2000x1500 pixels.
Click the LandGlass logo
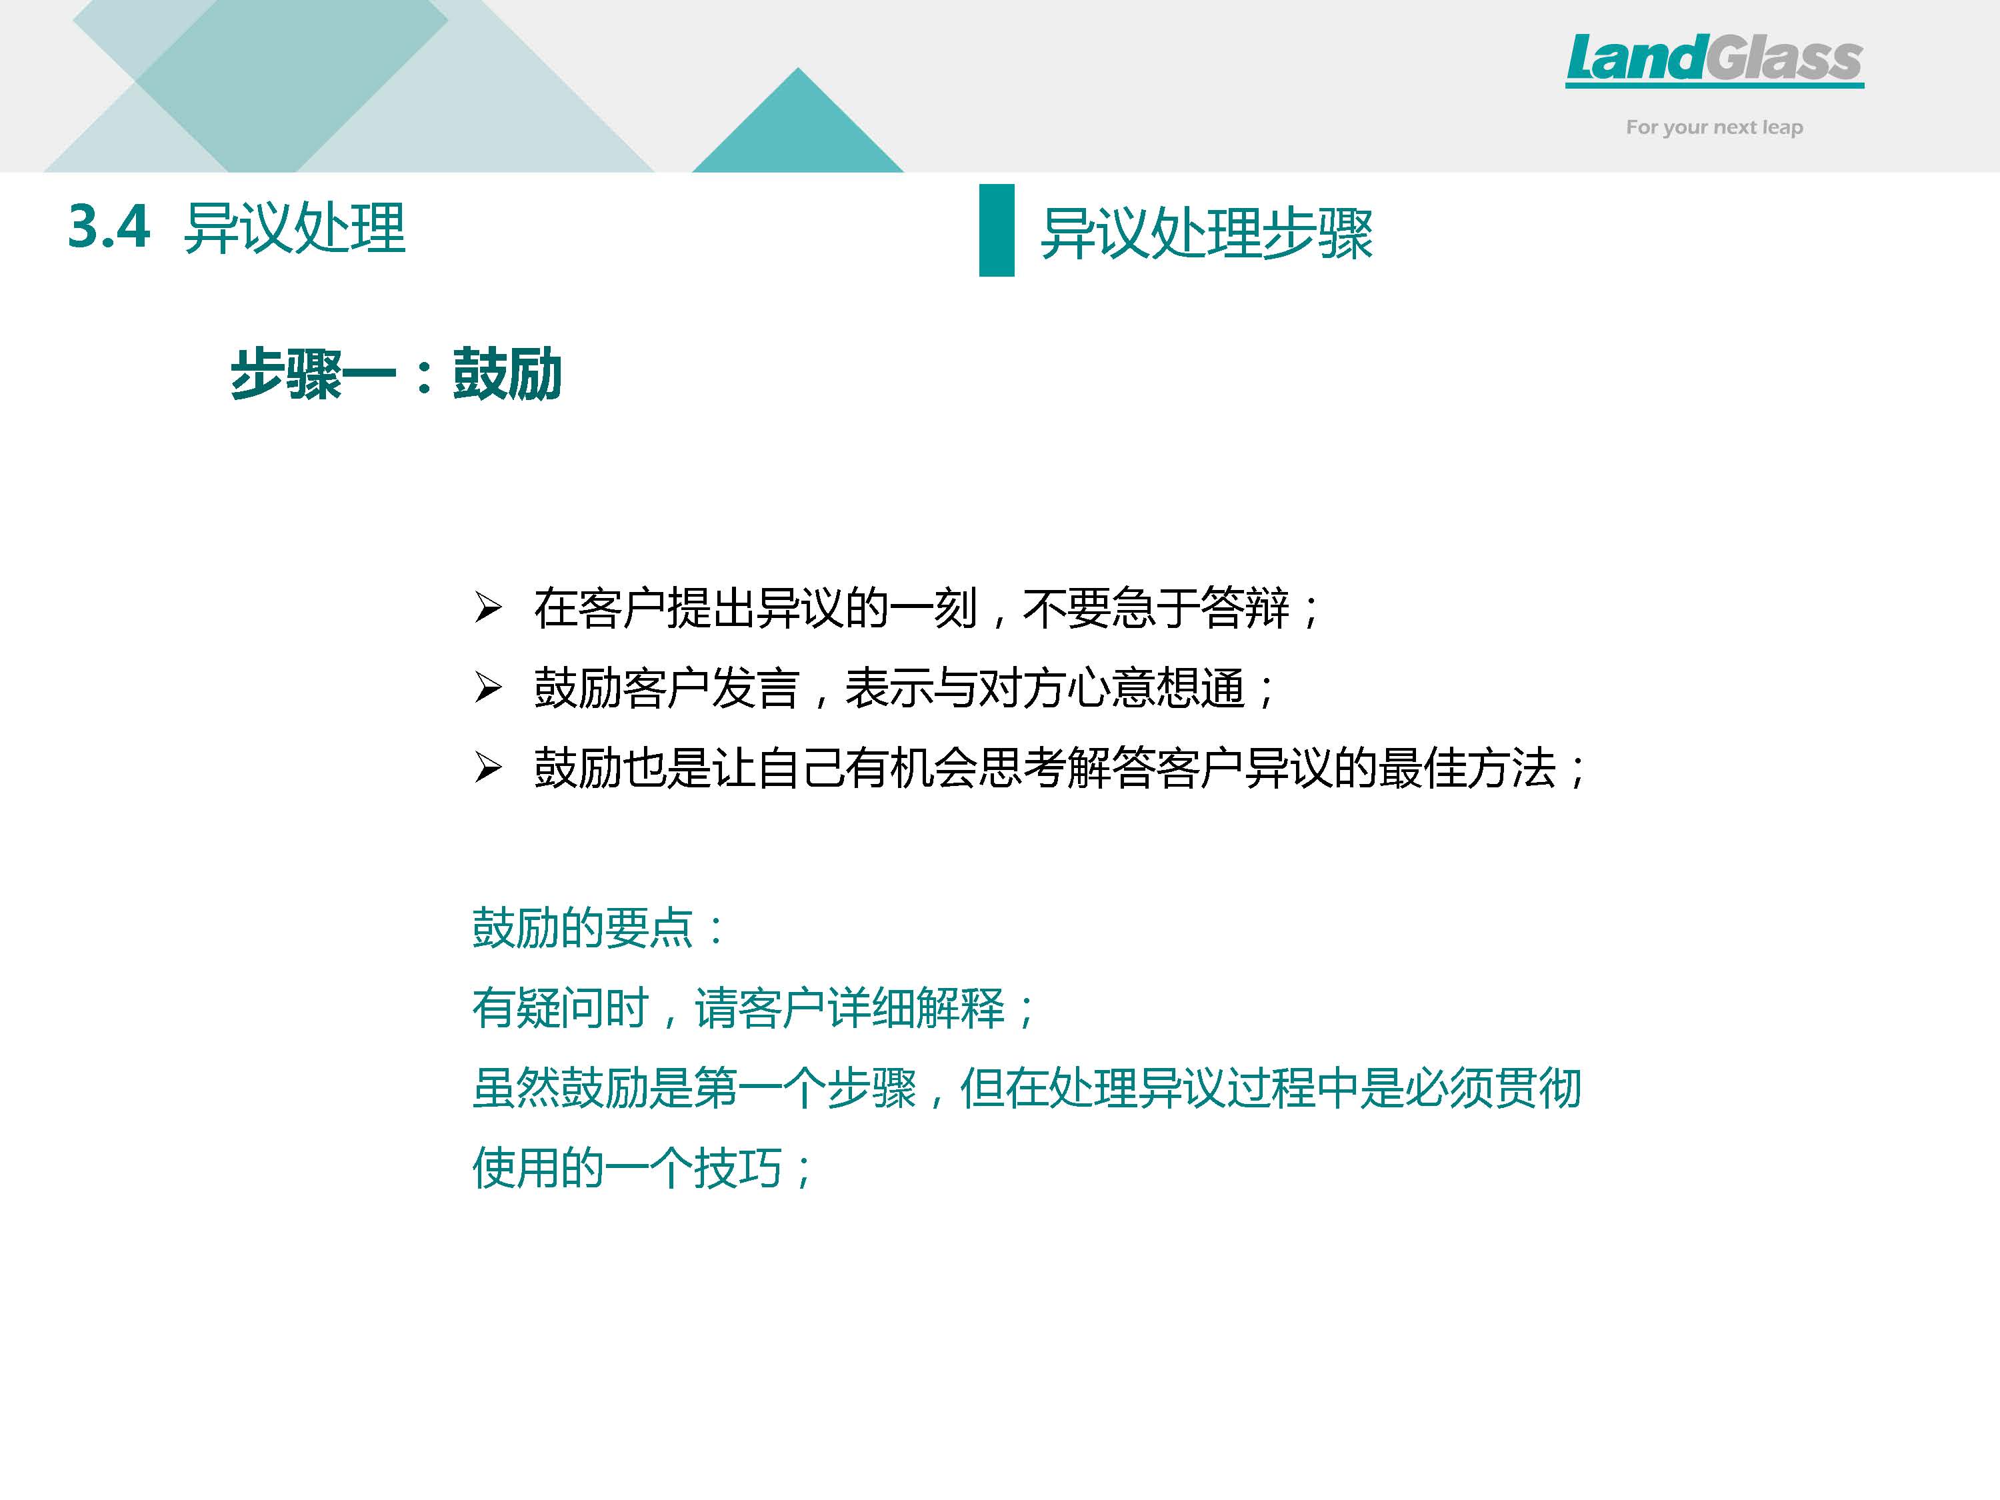pos(1714,60)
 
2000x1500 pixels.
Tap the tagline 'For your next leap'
pos(1714,127)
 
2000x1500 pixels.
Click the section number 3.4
pos(109,226)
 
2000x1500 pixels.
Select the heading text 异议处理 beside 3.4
pos(295,228)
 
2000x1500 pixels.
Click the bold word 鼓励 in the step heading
pos(507,373)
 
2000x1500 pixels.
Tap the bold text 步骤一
pos(313,374)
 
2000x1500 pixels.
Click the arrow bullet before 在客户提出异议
pos(488,609)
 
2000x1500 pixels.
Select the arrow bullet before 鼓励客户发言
pos(488,689)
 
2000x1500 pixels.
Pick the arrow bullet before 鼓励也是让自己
pos(488,769)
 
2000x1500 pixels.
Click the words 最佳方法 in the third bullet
pos(1467,769)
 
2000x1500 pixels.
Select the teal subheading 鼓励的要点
pos(583,928)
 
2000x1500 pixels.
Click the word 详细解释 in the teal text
pos(916,1008)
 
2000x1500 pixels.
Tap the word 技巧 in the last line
pos(738,1168)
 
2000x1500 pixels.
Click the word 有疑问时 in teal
pos(561,1008)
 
